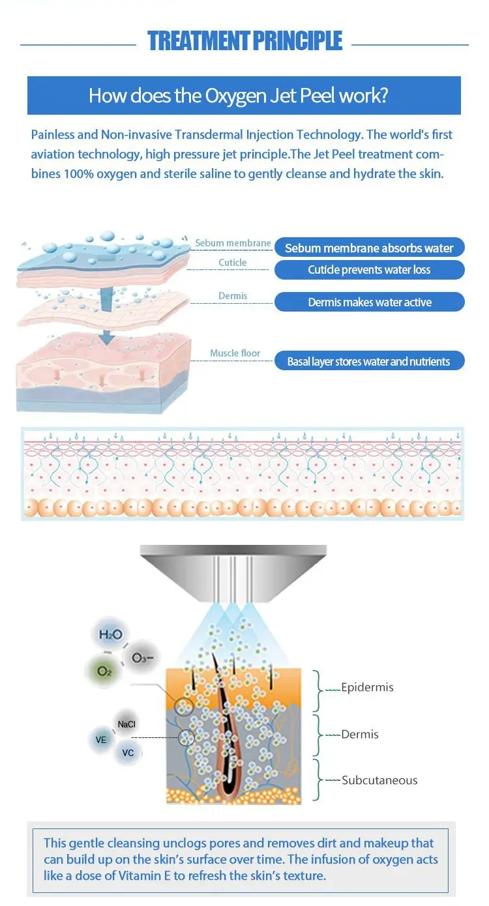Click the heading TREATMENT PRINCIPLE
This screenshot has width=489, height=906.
[244, 40]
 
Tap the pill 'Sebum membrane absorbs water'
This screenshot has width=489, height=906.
[369, 248]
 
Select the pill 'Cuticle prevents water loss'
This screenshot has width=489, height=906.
[369, 270]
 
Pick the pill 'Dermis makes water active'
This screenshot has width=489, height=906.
[369, 302]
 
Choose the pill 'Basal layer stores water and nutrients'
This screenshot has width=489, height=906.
[369, 362]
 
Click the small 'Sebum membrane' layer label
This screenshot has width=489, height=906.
[233, 243]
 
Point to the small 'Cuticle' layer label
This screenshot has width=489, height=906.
[233, 263]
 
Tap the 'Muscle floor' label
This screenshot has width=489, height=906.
[235, 353]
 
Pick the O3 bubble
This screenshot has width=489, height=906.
[142, 658]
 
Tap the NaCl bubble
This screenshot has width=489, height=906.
[127, 724]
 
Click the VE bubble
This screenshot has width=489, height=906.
[101, 740]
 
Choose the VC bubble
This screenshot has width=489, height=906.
[128, 753]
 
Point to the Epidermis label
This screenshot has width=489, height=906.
[367, 687]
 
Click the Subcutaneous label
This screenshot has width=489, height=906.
[379, 780]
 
